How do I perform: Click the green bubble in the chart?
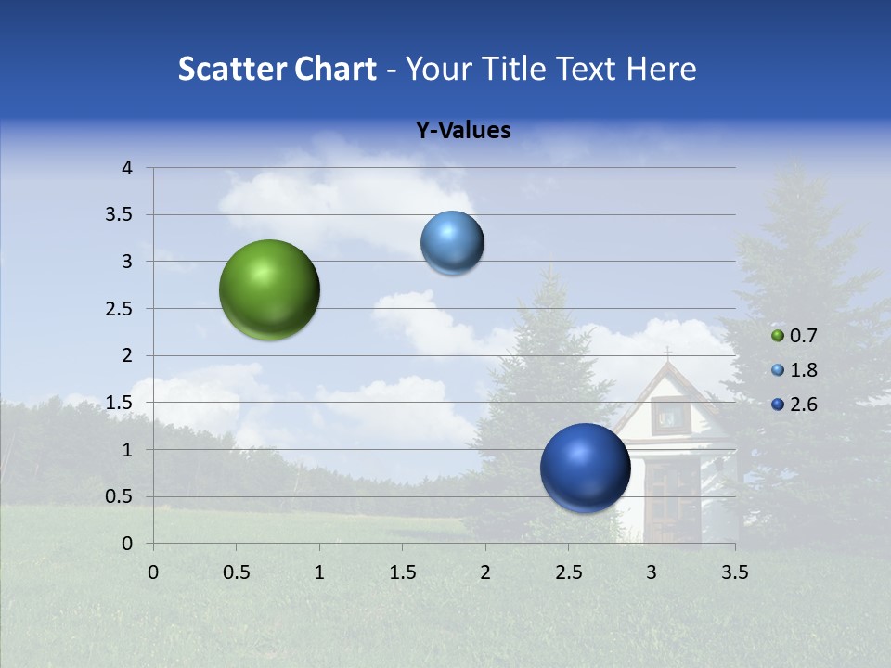coord(269,289)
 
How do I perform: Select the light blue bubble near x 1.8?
coord(452,243)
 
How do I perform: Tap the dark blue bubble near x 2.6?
coord(585,468)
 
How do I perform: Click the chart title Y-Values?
coord(463,131)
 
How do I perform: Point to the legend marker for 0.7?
coord(778,336)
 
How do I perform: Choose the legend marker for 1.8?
coord(778,370)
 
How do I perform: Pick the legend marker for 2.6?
coord(778,405)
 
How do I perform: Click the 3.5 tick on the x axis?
coord(734,572)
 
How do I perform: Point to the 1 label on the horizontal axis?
coord(319,572)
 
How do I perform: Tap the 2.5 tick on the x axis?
coord(568,572)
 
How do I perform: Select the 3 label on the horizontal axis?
coord(652,572)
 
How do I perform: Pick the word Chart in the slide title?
coord(335,69)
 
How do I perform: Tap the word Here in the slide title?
coord(661,69)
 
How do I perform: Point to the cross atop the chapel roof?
coord(666,353)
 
